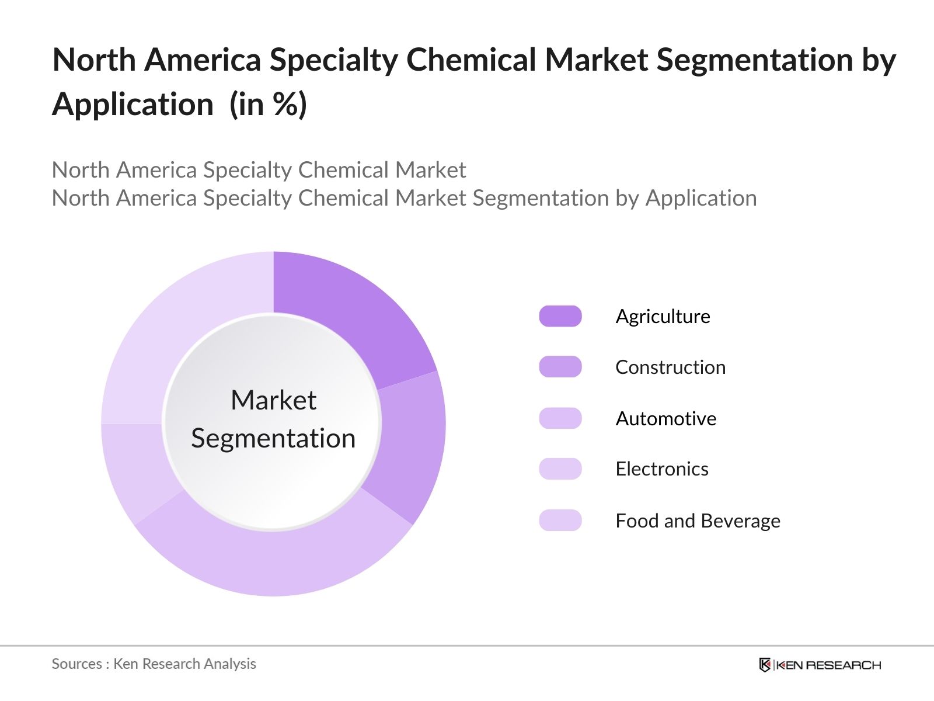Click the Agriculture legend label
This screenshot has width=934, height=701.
coord(663,316)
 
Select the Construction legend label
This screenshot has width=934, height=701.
coord(670,367)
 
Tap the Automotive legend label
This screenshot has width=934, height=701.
coord(665,418)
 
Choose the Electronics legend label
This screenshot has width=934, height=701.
coord(661,469)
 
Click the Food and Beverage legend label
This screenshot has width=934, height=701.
coord(698,520)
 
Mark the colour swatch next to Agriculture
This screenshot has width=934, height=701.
coord(560,316)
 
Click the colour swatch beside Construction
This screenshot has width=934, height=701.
coord(560,367)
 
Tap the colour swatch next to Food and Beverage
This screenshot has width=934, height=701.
coord(560,520)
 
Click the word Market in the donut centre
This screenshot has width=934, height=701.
coord(273,400)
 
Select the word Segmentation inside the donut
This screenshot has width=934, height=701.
coord(273,438)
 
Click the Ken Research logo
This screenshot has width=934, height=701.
coord(820,665)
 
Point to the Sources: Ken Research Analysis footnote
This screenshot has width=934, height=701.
coord(154,664)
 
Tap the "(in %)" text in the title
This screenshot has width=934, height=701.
coord(268,105)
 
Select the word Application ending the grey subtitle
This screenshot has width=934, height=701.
coord(700,198)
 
